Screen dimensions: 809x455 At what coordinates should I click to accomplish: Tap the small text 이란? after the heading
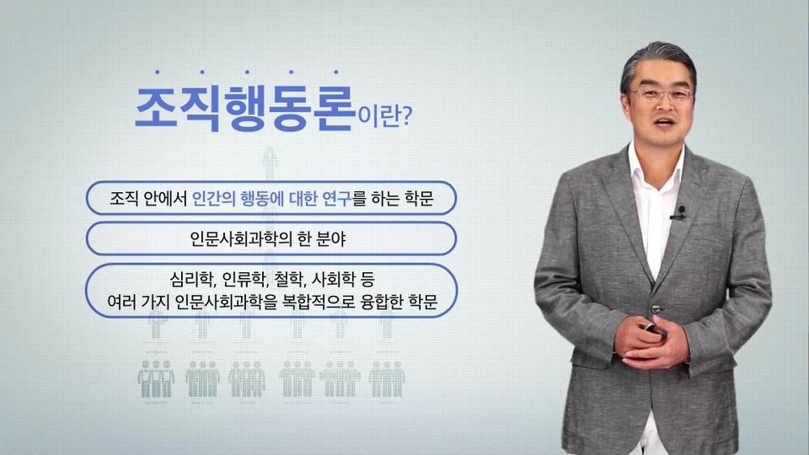[x=385, y=116]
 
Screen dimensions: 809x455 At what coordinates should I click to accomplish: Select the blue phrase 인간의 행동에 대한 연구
[x=271, y=198]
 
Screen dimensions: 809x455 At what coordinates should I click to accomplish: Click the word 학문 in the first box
[x=419, y=198]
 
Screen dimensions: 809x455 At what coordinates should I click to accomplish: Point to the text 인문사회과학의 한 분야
[x=268, y=238]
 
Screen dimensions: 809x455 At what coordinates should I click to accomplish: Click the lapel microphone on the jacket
[x=680, y=212]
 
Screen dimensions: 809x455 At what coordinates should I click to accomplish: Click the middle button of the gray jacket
[x=656, y=308]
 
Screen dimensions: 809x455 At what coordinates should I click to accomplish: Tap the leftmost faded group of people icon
[x=156, y=379]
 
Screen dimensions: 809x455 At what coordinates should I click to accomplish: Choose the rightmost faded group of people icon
[x=387, y=379]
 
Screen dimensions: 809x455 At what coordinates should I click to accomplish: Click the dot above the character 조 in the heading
[x=158, y=72]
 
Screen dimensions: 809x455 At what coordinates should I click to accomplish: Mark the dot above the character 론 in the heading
[x=336, y=72]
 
